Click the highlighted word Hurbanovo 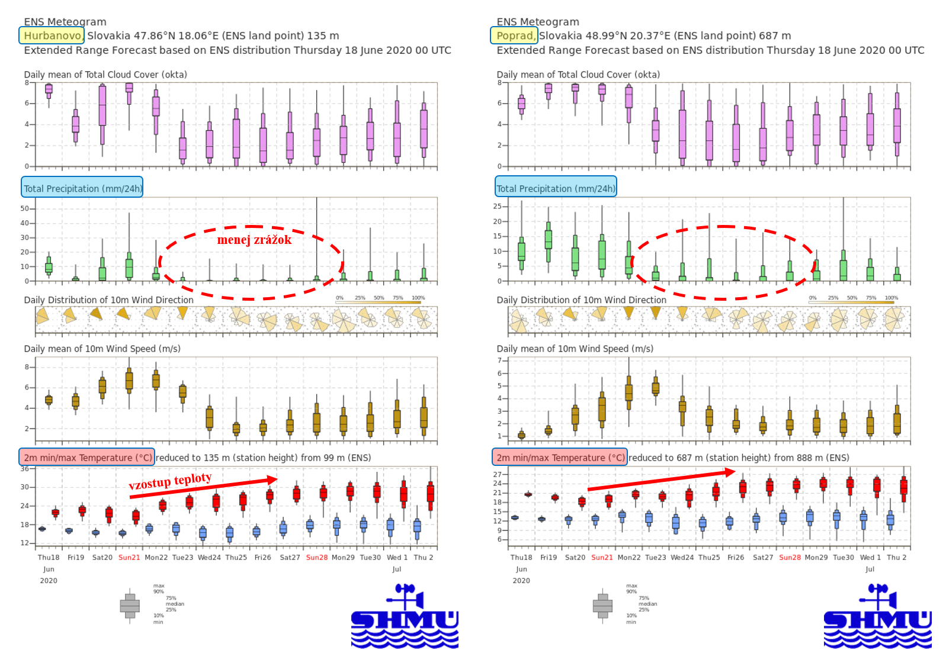click(52, 36)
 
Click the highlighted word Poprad click(514, 36)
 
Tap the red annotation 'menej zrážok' click(254, 240)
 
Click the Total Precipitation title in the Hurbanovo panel click(82, 188)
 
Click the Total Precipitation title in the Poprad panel click(556, 188)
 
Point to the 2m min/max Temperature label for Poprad click(560, 458)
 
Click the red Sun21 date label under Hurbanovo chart click(129, 558)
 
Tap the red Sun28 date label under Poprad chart click(790, 558)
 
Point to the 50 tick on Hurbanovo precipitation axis click(24, 208)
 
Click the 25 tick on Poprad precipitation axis click(498, 206)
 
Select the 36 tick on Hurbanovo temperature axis click(24, 469)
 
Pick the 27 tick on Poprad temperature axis click(498, 474)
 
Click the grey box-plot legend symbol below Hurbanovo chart click(130, 606)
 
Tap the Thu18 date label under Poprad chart click(521, 558)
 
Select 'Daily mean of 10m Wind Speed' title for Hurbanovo click(102, 349)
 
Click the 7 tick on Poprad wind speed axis click(500, 361)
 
